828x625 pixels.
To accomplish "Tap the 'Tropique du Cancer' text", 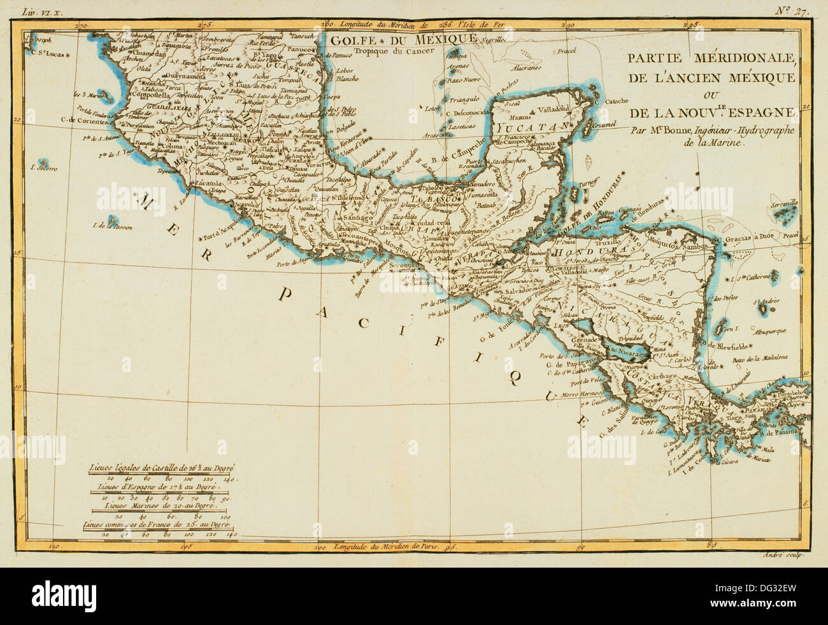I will click(389, 52).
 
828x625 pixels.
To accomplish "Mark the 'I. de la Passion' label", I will click(111, 226).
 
